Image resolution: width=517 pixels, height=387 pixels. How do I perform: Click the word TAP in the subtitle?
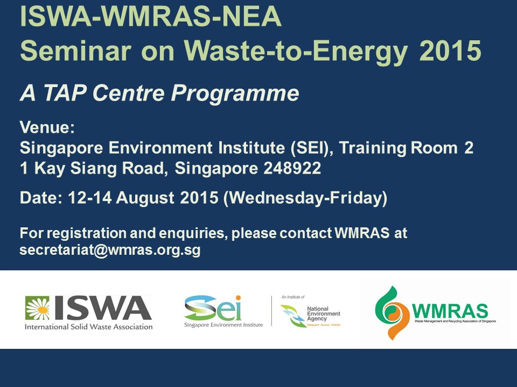click(x=64, y=93)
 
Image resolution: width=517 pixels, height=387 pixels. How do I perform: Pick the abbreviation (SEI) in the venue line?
click(x=308, y=148)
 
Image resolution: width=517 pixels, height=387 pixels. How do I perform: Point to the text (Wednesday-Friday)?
click(x=305, y=198)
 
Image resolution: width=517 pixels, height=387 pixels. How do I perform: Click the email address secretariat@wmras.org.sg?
click(x=110, y=250)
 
